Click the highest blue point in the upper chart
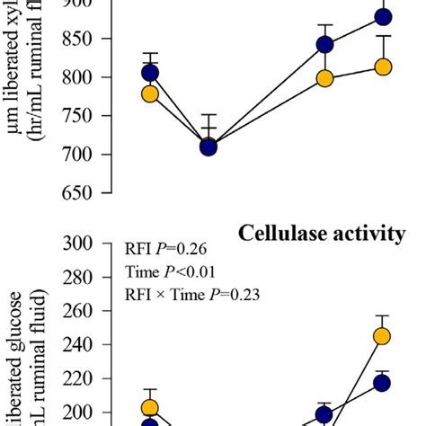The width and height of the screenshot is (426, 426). click(383, 17)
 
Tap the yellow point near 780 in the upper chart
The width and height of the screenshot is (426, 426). click(150, 93)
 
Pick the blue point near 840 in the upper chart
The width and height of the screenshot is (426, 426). click(324, 45)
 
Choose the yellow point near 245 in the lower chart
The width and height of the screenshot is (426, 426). click(382, 336)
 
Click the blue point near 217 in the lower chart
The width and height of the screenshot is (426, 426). click(382, 383)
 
